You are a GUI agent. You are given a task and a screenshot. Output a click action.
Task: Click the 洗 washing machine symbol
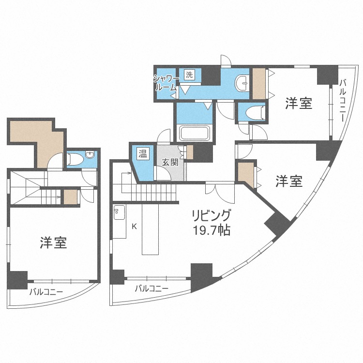189,75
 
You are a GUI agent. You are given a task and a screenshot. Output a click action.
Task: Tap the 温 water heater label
143,153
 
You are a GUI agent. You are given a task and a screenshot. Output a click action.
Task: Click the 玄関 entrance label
170,162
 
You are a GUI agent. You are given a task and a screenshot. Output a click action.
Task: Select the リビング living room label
211,215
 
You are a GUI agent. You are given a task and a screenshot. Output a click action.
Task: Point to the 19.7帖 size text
212,230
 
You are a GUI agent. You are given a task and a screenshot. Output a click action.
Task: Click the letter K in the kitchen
134,227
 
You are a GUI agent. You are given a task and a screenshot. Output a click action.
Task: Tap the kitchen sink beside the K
119,212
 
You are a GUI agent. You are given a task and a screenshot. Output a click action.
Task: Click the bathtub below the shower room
195,133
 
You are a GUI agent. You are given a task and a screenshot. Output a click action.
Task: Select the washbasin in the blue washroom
242,82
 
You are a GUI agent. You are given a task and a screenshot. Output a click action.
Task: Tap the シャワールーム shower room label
166,83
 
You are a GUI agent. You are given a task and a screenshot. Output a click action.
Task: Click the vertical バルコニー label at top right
343,100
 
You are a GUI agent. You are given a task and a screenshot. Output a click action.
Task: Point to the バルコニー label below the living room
151,288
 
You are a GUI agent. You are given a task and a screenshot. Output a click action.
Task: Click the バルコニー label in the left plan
46,292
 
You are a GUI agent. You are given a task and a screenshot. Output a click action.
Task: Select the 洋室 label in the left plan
54,242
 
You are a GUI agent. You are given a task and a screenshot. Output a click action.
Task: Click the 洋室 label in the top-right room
299,103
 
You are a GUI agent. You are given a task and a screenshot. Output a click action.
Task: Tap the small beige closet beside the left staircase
71,197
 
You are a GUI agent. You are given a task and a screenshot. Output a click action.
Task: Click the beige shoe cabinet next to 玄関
190,152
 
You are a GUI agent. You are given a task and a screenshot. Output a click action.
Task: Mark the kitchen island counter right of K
150,229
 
